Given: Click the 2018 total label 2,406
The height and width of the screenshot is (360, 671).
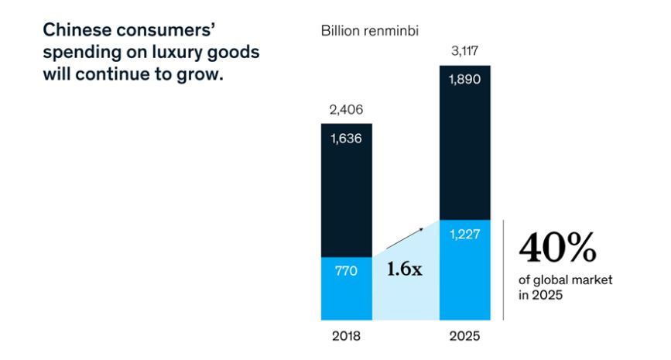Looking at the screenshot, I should [x=346, y=110].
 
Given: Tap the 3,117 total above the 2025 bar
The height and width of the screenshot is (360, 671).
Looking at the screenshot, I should [x=464, y=52].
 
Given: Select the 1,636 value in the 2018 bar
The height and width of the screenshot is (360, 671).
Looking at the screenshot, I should [x=346, y=139].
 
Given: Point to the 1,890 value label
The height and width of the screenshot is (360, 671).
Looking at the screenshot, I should [x=464, y=81].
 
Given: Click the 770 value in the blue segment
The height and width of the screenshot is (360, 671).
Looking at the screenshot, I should [x=346, y=271].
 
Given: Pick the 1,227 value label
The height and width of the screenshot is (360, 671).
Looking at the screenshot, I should [x=464, y=235].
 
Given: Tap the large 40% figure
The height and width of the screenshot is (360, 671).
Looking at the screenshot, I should [x=557, y=248].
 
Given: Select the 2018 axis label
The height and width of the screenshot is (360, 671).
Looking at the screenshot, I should [x=346, y=337].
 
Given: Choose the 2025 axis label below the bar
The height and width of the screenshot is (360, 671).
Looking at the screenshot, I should [x=464, y=337].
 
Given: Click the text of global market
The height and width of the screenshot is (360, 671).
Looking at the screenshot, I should [x=564, y=280].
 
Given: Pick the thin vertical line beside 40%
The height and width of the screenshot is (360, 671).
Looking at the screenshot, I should [x=504, y=269].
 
